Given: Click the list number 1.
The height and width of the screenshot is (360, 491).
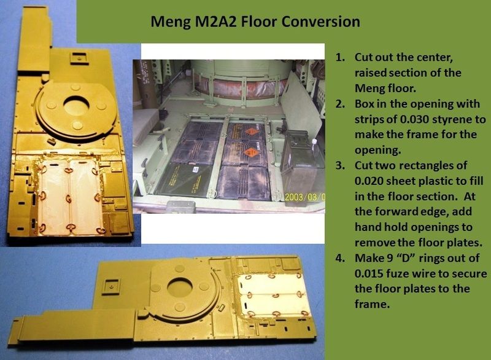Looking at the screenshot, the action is pos(339,58).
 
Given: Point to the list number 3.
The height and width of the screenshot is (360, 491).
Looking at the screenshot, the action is pos(340,166).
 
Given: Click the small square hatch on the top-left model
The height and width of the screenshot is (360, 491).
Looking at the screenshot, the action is pos(80,58).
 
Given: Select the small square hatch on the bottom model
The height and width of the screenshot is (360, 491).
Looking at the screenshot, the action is pos(111,287).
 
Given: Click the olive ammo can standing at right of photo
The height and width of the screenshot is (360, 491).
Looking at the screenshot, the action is pos(299,166).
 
